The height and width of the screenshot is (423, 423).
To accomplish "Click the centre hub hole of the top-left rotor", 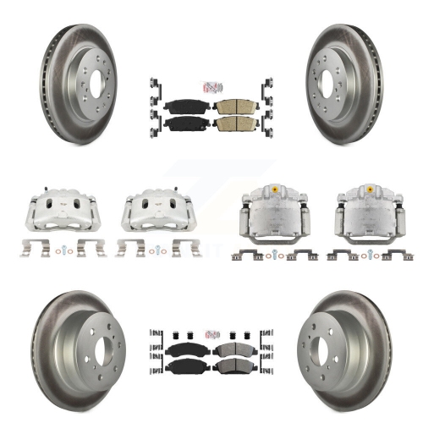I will [x=88, y=70].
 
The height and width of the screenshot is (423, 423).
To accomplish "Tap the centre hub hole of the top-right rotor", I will [x=338, y=70].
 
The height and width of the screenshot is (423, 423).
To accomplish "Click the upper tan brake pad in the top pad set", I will [x=227, y=107].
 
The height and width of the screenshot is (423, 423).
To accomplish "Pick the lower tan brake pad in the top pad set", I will [x=227, y=124].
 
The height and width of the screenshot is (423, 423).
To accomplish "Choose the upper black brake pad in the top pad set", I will [x=179, y=107].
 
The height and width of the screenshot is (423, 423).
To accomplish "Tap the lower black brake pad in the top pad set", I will [x=179, y=124].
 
